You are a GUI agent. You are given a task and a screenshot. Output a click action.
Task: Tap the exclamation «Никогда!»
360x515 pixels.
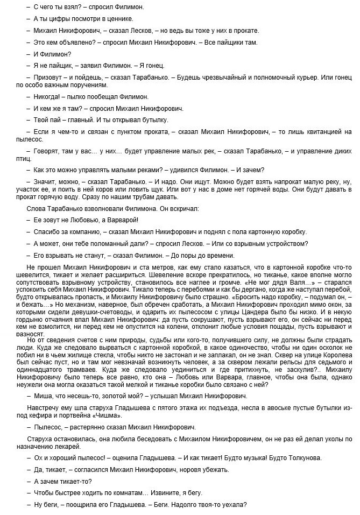pyautogui.click(x=48, y=96)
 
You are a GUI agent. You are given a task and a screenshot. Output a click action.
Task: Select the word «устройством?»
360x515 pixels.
pyautogui.click(x=283, y=243)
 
